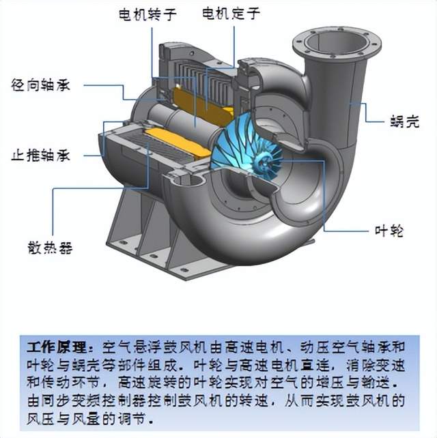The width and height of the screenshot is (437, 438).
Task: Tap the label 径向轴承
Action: click(x=41, y=86)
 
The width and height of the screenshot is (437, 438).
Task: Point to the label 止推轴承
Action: click(x=41, y=155)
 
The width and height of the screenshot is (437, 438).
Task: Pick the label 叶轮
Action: click(x=390, y=231)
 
